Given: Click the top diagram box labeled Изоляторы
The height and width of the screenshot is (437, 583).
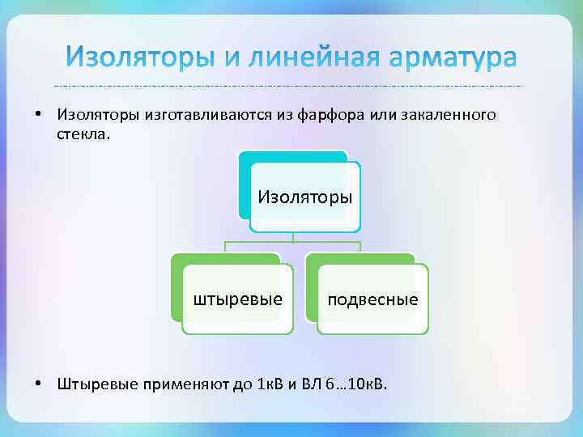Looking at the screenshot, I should (x=304, y=197).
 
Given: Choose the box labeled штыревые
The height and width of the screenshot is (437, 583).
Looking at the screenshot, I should (x=237, y=299).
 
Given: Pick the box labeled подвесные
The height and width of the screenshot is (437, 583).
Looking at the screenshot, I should (x=372, y=299).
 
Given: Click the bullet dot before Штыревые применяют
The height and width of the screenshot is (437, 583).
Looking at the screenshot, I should (x=39, y=381).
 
